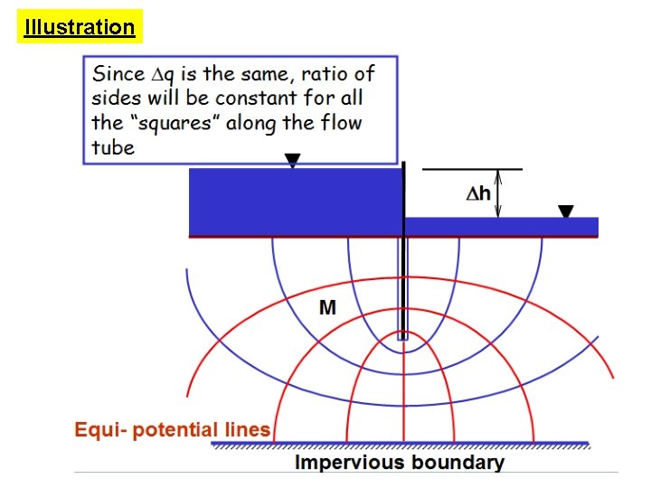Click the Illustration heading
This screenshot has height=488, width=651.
(x=80, y=27)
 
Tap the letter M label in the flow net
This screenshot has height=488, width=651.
(x=327, y=308)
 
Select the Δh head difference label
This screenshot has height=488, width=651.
(x=478, y=192)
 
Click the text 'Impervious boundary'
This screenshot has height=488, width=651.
(x=399, y=463)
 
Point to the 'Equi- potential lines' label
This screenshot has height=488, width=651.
(x=172, y=429)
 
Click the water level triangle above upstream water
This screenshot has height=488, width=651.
(x=291, y=160)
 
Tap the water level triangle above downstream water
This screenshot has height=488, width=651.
(x=565, y=211)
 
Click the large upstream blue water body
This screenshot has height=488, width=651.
(x=295, y=202)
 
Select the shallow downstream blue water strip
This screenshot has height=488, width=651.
(x=501, y=226)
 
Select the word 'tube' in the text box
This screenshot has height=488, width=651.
(x=113, y=146)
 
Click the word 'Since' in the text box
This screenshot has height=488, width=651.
(x=118, y=73)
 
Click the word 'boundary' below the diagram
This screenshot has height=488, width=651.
(x=457, y=463)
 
